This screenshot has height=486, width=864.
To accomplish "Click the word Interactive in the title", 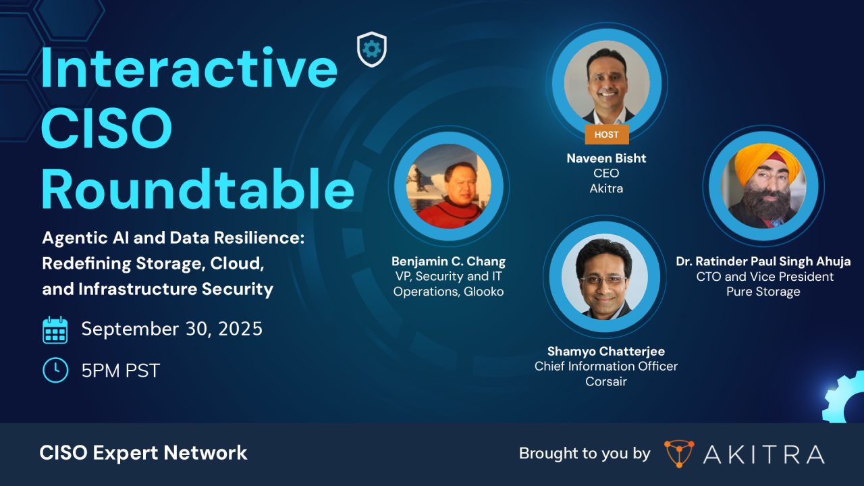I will (189, 70).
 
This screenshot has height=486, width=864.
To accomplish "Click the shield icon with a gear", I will (371, 49).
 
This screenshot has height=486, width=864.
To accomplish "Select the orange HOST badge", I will (606, 134).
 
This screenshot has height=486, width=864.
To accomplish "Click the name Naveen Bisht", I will (606, 158).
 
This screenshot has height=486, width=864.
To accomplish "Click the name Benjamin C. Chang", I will (448, 261).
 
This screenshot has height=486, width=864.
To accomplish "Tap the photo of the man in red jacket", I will (449, 186).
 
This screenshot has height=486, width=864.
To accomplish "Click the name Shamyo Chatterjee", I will (605, 351).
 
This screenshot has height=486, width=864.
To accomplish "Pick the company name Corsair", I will (605, 381).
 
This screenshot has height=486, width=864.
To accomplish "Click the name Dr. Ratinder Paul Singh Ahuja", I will (763, 261).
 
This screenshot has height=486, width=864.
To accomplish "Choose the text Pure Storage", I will (763, 292).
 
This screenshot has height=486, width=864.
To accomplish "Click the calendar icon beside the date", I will (55, 330).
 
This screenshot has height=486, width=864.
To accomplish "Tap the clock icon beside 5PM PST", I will (55, 370).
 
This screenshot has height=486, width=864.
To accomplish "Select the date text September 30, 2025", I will (171, 329).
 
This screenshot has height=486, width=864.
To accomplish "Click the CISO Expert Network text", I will (143, 453).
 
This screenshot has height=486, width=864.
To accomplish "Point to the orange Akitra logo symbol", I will (678, 454).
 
